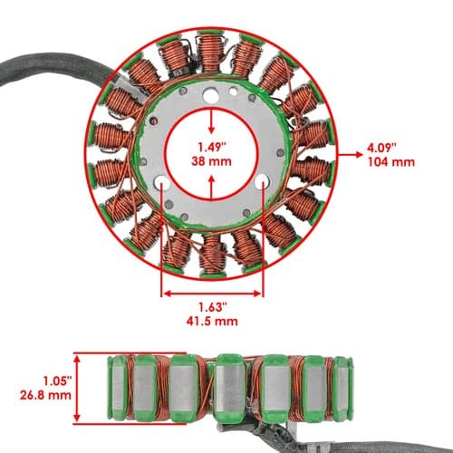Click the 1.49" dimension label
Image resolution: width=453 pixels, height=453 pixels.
pyautogui.click(x=212, y=148)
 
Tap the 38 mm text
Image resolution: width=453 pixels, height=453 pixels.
pyautogui.click(x=211, y=161)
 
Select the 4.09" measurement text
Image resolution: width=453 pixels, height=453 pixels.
pyautogui.click(x=381, y=148)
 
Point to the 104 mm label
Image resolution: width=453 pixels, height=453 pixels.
pyautogui.click(x=391, y=162)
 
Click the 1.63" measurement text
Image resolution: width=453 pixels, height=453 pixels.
pyautogui.click(x=212, y=307)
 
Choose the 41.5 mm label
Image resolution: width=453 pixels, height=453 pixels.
pyautogui.click(x=212, y=321)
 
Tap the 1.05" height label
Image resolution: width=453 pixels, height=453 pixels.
pyautogui.click(x=57, y=381)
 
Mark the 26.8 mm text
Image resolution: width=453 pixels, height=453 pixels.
pyautogui.click(x=45, y=395)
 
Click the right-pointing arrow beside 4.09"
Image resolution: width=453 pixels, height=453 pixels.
pyautogui.click(x=351, y=155)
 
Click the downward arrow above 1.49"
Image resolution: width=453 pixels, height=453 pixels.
pyautogui.click(x=211, y=121)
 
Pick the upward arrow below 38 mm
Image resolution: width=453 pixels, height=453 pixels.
pyautogui.click(x=211, y=188)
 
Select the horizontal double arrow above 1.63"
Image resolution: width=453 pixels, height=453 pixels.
pyautogui.click(x=212, y=294)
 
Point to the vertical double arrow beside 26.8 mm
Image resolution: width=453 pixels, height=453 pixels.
pyautogui.click(x=77, y=389)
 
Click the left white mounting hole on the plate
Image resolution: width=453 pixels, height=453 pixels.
pyautogui.click(x=161, y=182)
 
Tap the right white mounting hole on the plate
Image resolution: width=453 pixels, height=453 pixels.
pyautogui.click(x=263, y=182)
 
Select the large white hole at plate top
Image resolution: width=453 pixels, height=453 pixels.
pyautogui.click(x=211, y=95)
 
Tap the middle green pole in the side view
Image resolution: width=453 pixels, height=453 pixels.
pyautogui.click(x=230, y=388)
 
